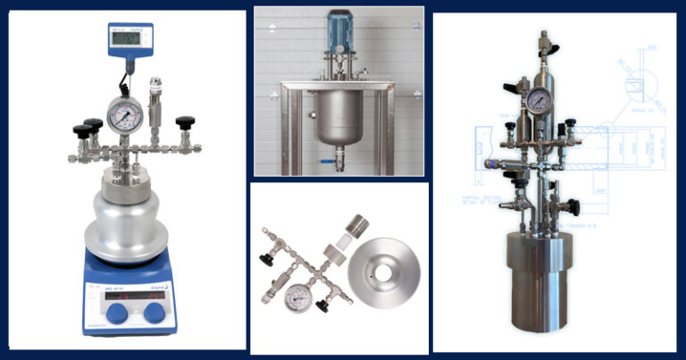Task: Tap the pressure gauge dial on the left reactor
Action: pos(124,115)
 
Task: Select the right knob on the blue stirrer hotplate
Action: pos(154,312)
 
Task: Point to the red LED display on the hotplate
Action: pos(131,294)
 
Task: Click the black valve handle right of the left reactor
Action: pos(185,123)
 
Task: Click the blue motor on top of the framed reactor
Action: pos(340,29)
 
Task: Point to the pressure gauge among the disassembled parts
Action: pos(296,301)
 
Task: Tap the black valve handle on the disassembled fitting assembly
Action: pos(265,259)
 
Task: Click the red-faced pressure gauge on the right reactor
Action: pos(539,100)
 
